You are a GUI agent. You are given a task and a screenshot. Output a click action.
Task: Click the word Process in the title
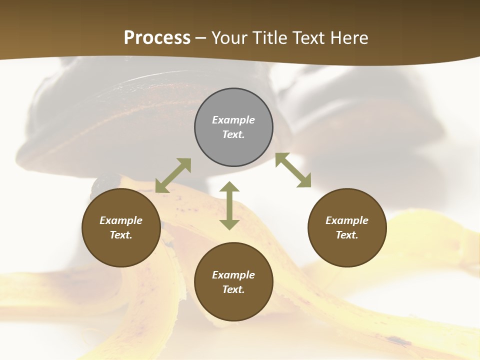(x=157, y=38)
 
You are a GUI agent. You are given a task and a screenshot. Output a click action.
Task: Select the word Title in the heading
(x=270, y=38)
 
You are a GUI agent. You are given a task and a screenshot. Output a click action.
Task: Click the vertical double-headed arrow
(x=229, y=205)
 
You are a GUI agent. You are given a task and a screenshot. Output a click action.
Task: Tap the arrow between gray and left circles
(x=173, y=175)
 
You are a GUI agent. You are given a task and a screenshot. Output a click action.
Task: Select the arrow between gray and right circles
(x=293, y=170)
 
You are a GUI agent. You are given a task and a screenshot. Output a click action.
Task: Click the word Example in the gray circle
(x=233, y=120)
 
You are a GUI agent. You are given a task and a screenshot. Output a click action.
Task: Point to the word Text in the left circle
(x=121, y=235)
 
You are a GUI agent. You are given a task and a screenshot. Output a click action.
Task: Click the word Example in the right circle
(x=347, y=220)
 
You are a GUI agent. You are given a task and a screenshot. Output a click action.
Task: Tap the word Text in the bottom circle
(x=233, y=289)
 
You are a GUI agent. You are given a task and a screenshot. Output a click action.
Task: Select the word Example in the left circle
(x=121, y=220)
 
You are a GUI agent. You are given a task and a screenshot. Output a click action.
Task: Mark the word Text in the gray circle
(x=233, y=134)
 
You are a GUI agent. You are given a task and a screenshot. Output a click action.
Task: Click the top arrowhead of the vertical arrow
(x=229, y=187)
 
